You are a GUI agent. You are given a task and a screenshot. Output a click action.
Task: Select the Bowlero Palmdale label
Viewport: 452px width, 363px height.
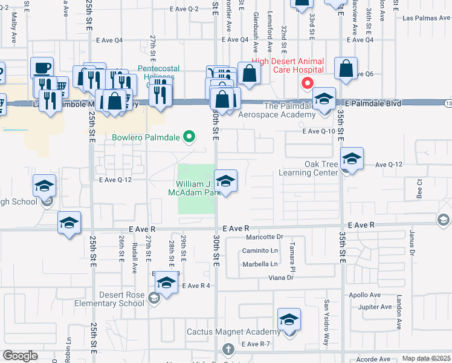pyautogui.click(x=146, y=137)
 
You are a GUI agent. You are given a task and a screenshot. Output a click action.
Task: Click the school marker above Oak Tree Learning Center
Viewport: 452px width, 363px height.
pyautogui.click(x=352, y=159)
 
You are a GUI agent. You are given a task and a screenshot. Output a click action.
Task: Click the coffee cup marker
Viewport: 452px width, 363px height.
pyautogui.click(x=42, y=68)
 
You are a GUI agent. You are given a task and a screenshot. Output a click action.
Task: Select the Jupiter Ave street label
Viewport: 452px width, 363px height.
pyautogui.click(x=375, y=307)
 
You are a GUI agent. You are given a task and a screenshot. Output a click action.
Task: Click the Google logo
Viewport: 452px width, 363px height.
pyautogui.click(x=20, y=356)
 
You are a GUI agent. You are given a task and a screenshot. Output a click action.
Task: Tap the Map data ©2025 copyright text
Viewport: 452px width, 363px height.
pyautogui.click(x=426, y=359)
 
